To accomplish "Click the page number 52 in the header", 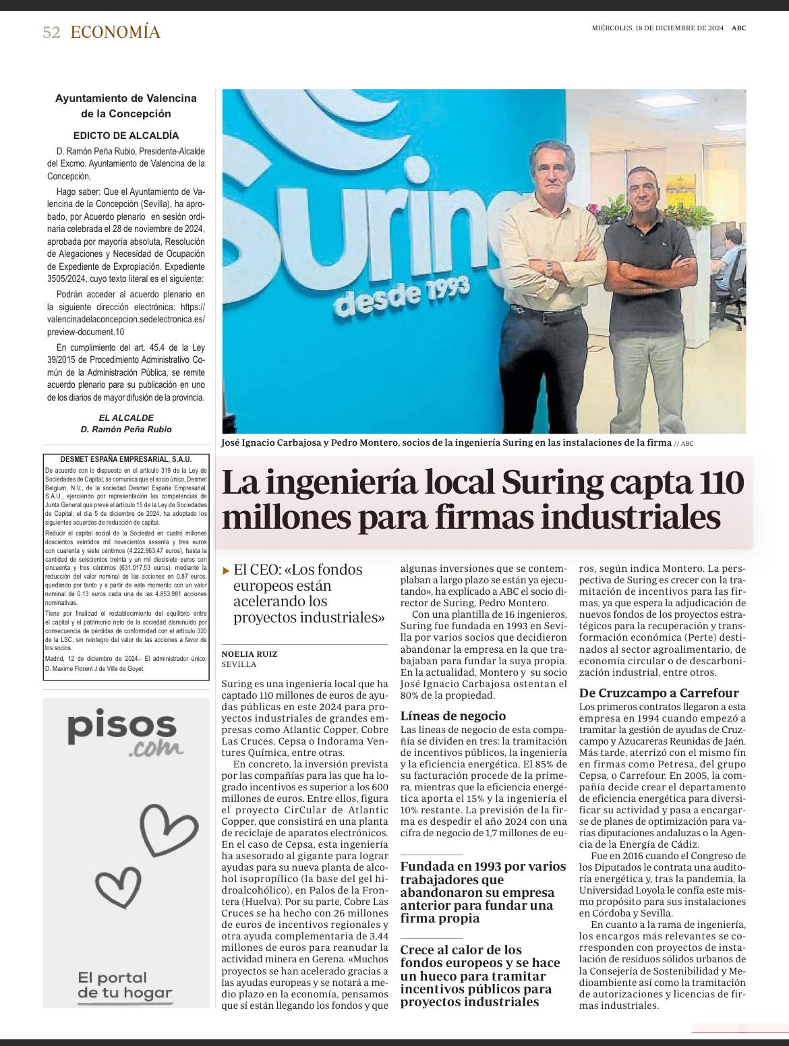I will click(x=51, y=32).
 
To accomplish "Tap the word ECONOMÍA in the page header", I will click(x=115, y=32).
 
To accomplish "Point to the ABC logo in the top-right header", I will click(x=739, y=28).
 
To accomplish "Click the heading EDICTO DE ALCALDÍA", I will click(x=126, y=135).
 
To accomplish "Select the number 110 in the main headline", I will click(x=718, y=483).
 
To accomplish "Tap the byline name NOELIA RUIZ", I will click(x=250, y=653).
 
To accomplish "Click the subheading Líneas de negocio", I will click(x=452, y=716).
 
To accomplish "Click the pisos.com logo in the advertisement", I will click(x=125, y=732).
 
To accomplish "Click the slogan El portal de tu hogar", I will click(x=125, y=985).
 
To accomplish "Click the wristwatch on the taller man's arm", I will click(x=548, y=268).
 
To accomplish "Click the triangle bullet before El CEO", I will click(x=227, y=571).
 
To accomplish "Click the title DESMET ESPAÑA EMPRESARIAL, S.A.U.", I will click(x=125, y=459).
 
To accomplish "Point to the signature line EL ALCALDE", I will click(x=126, y=417).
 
